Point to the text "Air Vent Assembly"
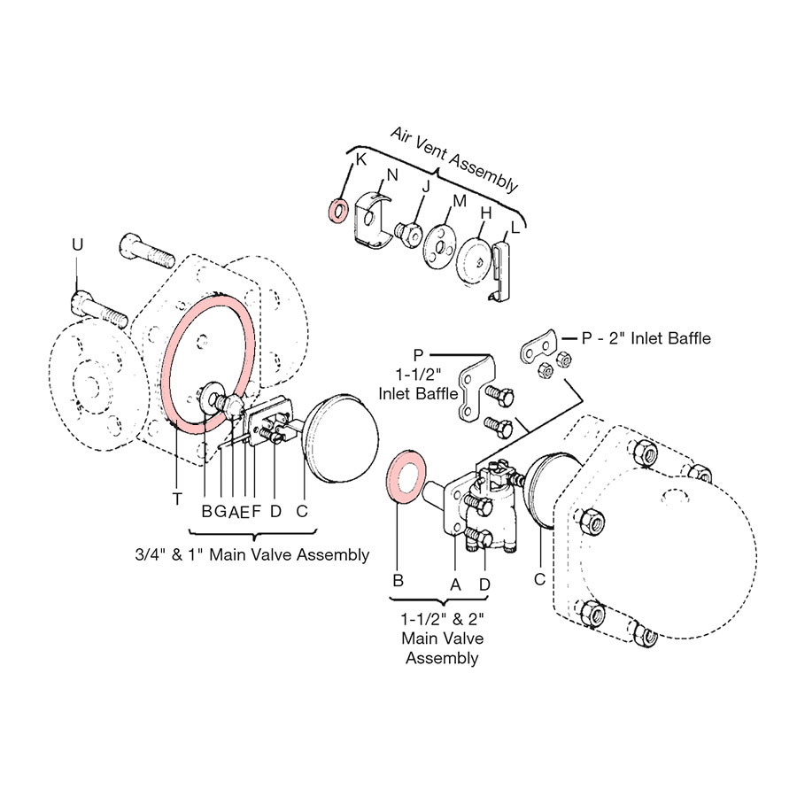point(454,159)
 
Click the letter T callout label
point(178,499)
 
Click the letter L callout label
point(505,228)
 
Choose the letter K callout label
point(360,159)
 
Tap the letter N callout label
point(391,175)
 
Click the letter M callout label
point(459,201)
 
